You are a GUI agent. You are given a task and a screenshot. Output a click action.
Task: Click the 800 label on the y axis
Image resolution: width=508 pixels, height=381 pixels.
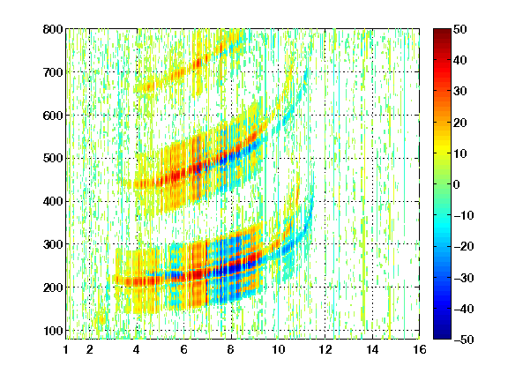[53, 29]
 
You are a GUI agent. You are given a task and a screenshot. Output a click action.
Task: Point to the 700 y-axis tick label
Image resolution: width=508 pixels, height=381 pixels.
[53, 72]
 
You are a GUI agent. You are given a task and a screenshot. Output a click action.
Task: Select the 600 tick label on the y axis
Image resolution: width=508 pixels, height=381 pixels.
[53, 116]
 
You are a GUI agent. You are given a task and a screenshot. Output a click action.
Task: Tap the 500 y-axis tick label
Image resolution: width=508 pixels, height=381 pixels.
[53, 159]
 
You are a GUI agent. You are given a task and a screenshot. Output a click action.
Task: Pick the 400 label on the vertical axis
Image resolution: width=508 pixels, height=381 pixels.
[53, 201]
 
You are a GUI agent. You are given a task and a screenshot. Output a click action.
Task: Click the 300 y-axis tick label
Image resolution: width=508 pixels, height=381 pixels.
[53, 244]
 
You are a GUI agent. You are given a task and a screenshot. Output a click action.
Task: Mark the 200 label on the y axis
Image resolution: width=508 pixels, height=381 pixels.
[53, 288]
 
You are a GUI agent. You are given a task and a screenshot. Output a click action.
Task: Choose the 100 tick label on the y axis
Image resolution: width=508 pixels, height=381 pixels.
[53, 331]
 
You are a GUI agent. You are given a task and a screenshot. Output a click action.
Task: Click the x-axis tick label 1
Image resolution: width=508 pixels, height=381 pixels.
[66, 349]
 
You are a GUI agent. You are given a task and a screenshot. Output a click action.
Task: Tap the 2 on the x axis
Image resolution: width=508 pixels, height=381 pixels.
[90, 349]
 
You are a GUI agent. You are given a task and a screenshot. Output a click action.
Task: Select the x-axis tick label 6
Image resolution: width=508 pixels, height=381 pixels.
[183, 349]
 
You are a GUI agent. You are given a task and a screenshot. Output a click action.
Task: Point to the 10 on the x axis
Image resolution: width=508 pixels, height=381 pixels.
[278, 349]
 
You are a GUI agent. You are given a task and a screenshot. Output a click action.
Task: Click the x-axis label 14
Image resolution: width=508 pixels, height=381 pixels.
[372, 349]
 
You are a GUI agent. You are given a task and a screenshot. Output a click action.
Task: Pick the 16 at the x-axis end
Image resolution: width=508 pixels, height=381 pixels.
[420, 349]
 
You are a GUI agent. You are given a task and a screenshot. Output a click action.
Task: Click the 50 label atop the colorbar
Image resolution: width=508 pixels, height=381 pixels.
[460, 29]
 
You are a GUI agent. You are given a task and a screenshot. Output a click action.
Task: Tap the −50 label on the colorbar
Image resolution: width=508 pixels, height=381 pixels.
[464, 340]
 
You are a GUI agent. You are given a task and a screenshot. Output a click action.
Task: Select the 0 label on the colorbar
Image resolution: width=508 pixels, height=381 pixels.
[457, 184]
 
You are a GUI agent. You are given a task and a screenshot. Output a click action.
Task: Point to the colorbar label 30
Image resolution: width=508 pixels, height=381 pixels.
[460, 91]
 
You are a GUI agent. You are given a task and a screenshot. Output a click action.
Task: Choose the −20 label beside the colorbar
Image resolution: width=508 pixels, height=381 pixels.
[464, 246]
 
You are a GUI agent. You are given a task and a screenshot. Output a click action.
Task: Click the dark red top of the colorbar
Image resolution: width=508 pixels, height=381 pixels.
[442, 33]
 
